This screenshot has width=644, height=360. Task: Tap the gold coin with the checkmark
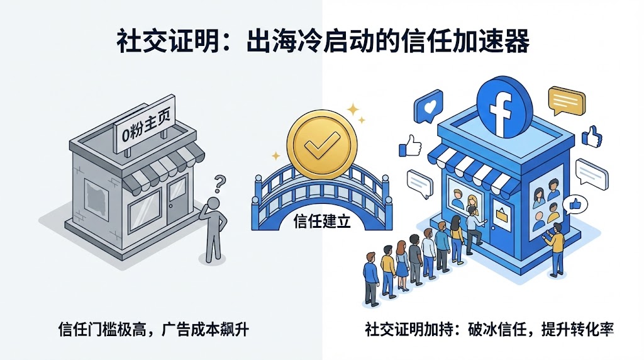(321, 145)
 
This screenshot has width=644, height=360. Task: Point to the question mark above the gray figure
(220, 184)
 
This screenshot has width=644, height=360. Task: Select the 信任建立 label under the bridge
(322, 221)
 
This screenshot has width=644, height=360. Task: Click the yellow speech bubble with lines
(567, 100)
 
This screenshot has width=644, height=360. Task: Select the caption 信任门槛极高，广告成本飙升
(153, 330)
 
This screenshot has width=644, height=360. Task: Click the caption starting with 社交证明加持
(489, 329)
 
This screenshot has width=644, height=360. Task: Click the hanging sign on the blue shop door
(501, 214)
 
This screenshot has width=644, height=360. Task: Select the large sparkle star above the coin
(353, 110)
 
